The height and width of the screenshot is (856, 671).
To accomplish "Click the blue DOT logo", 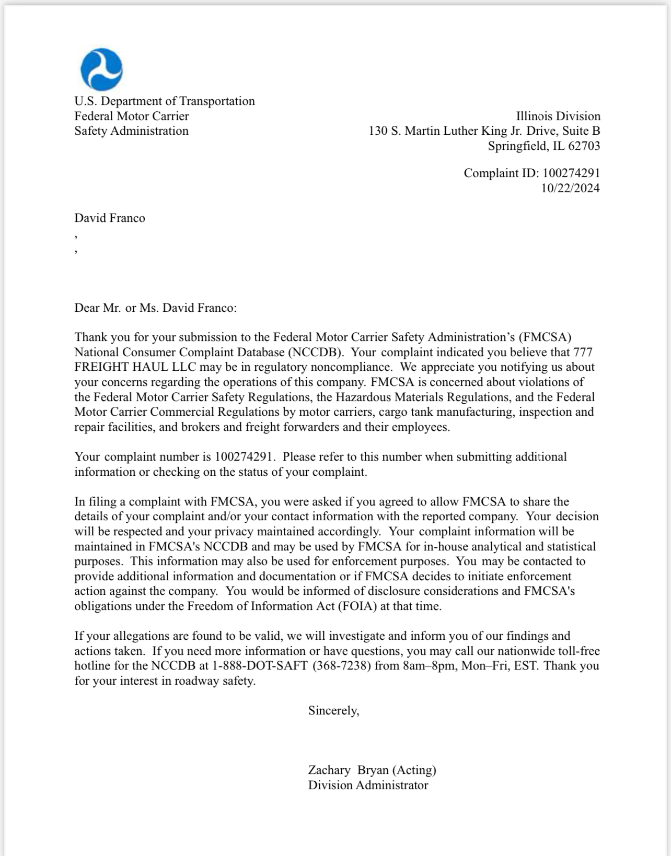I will [102, 70].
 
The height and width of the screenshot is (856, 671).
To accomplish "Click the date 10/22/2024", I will [570, 188].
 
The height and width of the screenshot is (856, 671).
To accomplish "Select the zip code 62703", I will [584, 146].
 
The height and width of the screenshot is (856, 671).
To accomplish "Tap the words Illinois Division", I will [558, 116].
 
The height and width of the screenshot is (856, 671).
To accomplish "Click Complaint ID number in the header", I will [571, 173].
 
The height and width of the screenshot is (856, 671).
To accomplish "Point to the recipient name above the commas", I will [110, 218].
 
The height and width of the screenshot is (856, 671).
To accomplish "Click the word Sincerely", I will [333, 710].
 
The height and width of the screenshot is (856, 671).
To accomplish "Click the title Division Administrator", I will [368, 785].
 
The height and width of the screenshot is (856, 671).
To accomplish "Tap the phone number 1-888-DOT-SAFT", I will [260, 666].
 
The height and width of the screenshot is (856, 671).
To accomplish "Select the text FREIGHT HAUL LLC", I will [135, 367].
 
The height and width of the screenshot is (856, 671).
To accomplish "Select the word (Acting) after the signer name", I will [414, 770].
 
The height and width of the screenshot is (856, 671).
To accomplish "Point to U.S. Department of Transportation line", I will [165, 101].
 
